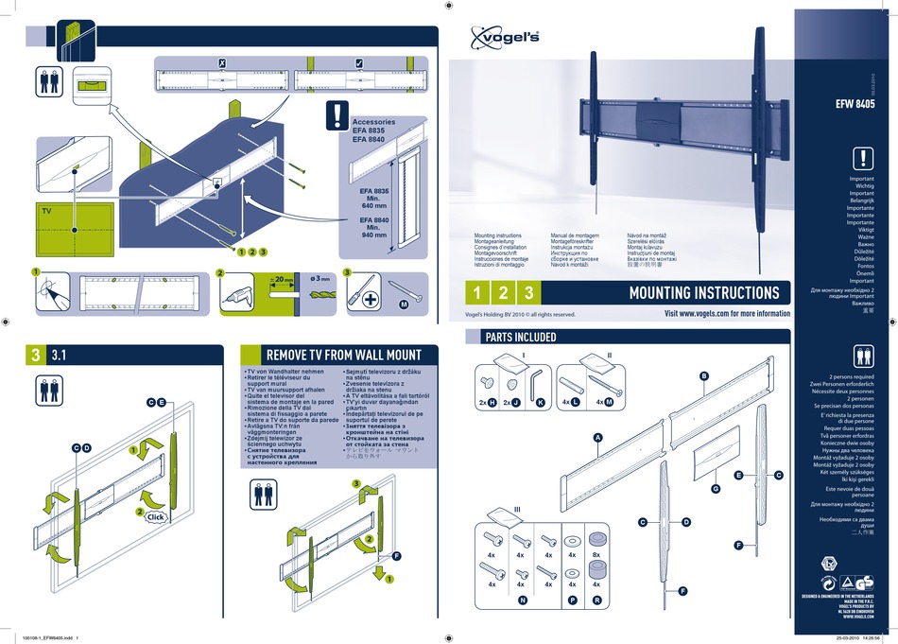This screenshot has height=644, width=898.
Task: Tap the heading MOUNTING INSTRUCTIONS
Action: [x=703, y=292]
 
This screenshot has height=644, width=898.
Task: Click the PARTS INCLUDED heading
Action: [x=520, y=337]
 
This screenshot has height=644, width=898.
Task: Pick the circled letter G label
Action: [x=717, y=488]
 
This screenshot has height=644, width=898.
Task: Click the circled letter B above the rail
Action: [x=703, y=376]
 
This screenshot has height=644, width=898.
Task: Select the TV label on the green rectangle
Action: [x=44, y=213]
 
